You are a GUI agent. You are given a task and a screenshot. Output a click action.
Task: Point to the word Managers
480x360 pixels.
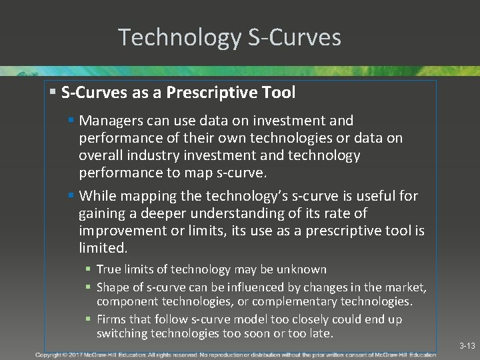tap(110, 121)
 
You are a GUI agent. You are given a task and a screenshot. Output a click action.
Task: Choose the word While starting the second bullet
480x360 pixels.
tap(97, 196)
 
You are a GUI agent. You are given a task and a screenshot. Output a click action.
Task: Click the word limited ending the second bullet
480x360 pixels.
tap(103, 248)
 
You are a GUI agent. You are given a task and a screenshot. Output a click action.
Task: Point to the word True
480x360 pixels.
tap(109, 269)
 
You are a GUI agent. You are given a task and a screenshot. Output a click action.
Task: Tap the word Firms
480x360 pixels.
tap(111, 319)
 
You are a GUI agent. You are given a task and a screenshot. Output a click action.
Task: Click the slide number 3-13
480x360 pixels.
tap(467, 346)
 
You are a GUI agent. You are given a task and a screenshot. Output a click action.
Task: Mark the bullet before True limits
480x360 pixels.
tap(89, 270)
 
